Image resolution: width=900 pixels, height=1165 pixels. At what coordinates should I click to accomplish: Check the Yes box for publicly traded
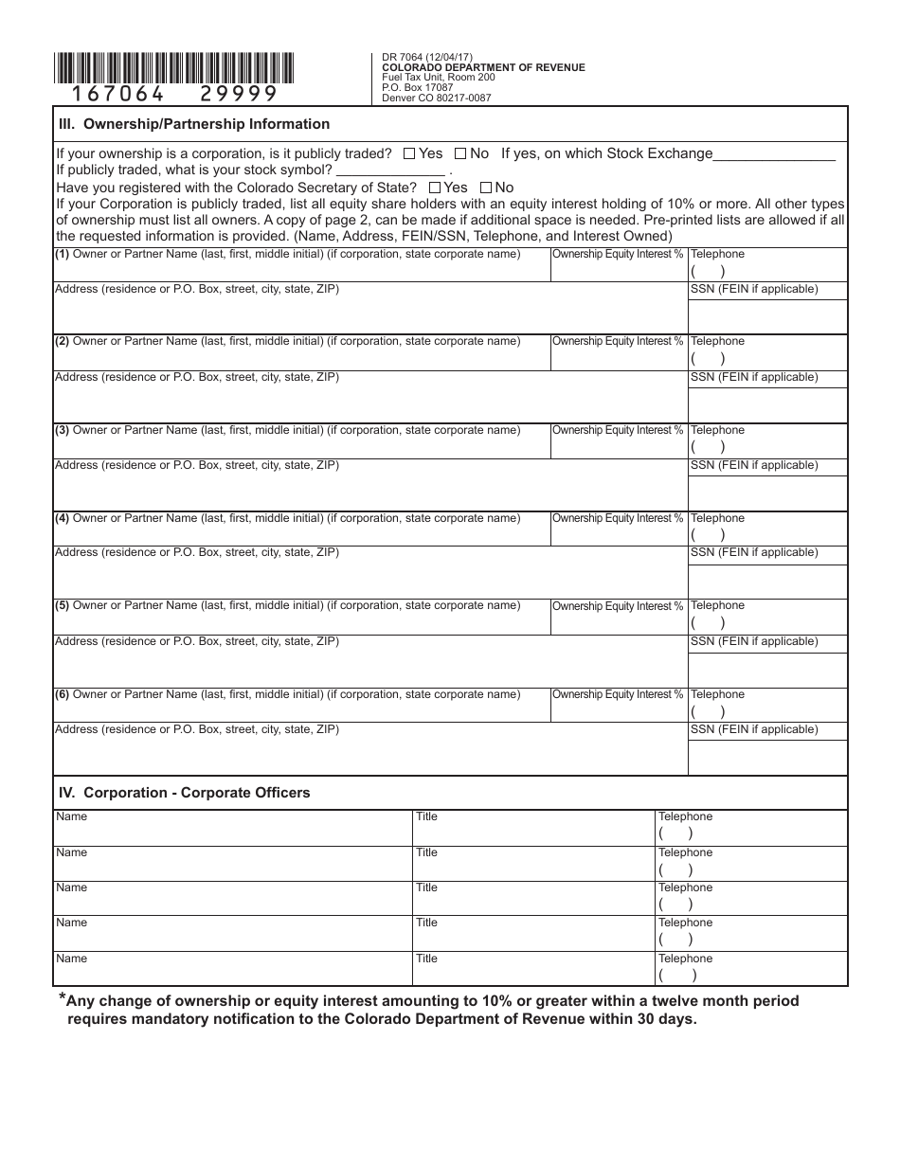408,153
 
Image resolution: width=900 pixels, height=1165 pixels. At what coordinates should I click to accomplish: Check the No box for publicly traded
460,153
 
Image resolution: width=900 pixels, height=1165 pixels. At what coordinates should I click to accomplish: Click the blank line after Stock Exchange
774,157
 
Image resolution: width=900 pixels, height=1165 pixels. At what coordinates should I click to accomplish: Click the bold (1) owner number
62,254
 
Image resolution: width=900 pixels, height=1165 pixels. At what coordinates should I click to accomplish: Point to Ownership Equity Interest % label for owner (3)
618,430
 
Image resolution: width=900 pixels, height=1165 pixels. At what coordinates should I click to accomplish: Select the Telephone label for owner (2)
717,341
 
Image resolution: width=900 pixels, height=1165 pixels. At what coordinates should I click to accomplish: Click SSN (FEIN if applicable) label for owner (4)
753,552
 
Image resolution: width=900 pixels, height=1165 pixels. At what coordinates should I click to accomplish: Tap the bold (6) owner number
62,694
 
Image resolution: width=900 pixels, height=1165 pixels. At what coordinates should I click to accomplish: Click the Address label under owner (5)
196,641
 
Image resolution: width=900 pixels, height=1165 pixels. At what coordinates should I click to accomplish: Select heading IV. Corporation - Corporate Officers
185,793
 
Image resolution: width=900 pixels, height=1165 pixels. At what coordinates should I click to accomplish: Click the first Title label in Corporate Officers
426,816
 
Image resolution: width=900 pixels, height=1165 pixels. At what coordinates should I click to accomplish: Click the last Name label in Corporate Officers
71,959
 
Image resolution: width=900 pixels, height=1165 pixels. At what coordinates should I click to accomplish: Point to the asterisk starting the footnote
63,997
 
